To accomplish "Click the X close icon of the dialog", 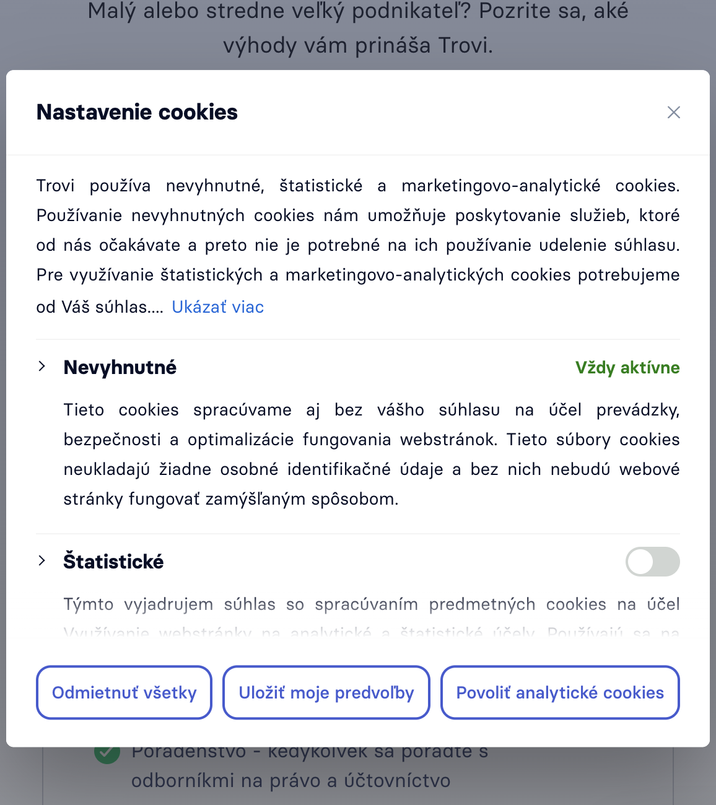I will (x=673, y=112).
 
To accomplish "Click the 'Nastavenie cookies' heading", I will (x=137, y=112).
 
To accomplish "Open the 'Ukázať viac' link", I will (x=217, y=307).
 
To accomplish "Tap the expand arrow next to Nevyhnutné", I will (x=42, y=367).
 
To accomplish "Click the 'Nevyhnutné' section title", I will (x=120, y=367).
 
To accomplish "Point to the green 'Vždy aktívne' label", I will (x=627, y=368).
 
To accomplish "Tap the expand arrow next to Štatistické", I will (x=42, y=561).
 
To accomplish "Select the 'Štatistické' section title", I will (x=113, y=562).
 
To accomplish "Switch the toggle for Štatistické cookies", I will (x=652, y=562).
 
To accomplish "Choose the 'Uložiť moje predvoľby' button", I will (x=326, y=692).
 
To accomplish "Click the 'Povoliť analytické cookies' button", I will (x=560, y=692).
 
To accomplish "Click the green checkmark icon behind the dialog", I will (x=107, y=753).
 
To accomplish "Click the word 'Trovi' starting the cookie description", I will (x=55, y=186).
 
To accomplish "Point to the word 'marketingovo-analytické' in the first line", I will (x=500, y=186).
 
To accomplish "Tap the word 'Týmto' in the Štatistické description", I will (x=89, y=604).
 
